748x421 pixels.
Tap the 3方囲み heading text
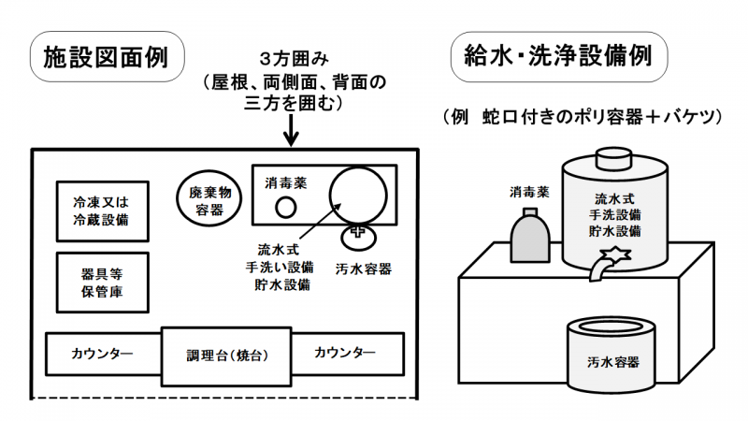pos(293,60)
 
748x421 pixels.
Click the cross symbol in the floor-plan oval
pos(357,232)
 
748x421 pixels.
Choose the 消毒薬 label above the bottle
pos(528,193)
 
